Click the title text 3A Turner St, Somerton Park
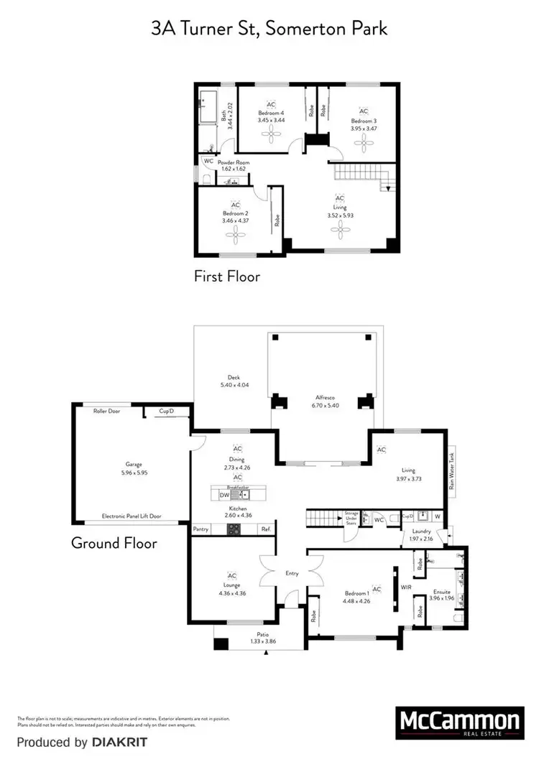[269, 29]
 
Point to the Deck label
[234, 378]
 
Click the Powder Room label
[234, 163]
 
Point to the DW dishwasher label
[224, 496]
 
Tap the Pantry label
[201, 530]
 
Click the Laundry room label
[421, 531]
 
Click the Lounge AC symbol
[232, 576]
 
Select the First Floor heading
[227, 276]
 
